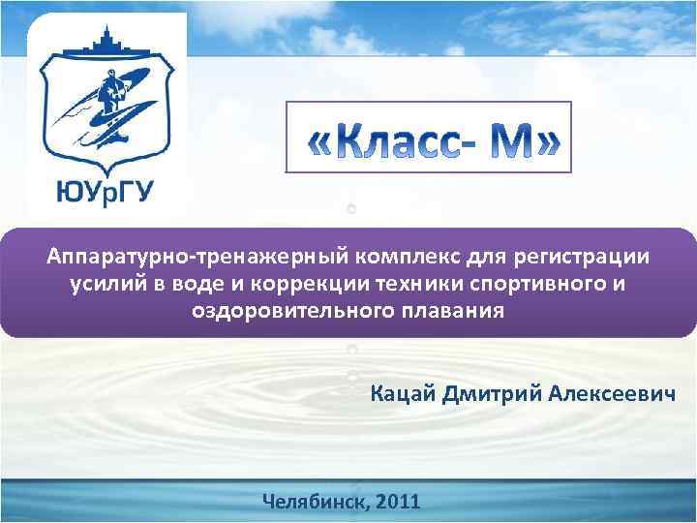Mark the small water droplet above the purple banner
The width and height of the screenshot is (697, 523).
coord(351,208)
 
